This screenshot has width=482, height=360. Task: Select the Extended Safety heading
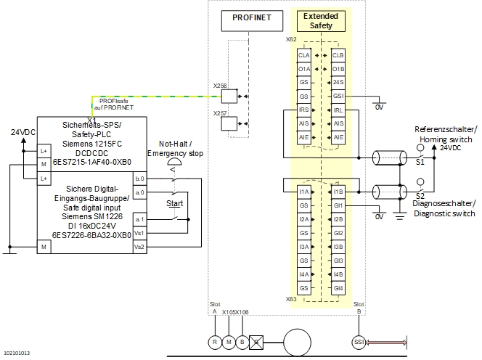point(320,20)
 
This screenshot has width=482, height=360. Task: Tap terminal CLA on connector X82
point(304,55)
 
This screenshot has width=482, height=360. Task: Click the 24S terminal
point(338,82)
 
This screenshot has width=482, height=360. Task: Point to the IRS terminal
point(304,110)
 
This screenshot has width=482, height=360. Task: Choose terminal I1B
point(338,192)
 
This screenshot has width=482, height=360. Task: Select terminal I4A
point(304,274)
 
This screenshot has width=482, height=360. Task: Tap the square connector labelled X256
point(228,94)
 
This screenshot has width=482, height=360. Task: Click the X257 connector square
point(228,123)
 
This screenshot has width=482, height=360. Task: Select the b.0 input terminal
point(139,178)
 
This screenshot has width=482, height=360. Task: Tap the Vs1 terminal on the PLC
point(139,233)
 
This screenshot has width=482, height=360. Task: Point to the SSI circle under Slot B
point(357,342)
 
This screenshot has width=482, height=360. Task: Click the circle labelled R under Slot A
point(214,342)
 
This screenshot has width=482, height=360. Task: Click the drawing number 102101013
point(17,353)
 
